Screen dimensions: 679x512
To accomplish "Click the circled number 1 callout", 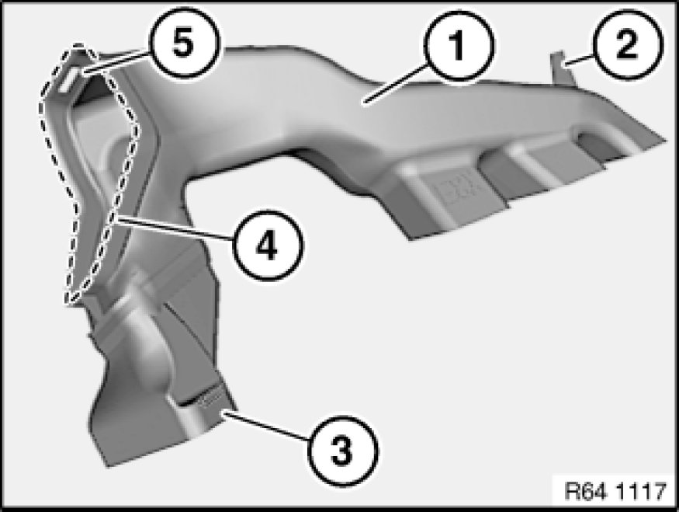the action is coord(459,46).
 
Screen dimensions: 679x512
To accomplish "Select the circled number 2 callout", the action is coord(628,44).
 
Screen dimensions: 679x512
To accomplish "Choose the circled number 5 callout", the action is coord(185,43).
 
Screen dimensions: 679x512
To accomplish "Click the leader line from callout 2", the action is coord(580,61).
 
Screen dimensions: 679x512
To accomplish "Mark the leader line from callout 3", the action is coord(266,427).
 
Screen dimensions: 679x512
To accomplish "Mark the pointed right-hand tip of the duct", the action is coord(665,141).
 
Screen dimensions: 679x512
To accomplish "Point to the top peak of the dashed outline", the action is coord(78,45).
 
